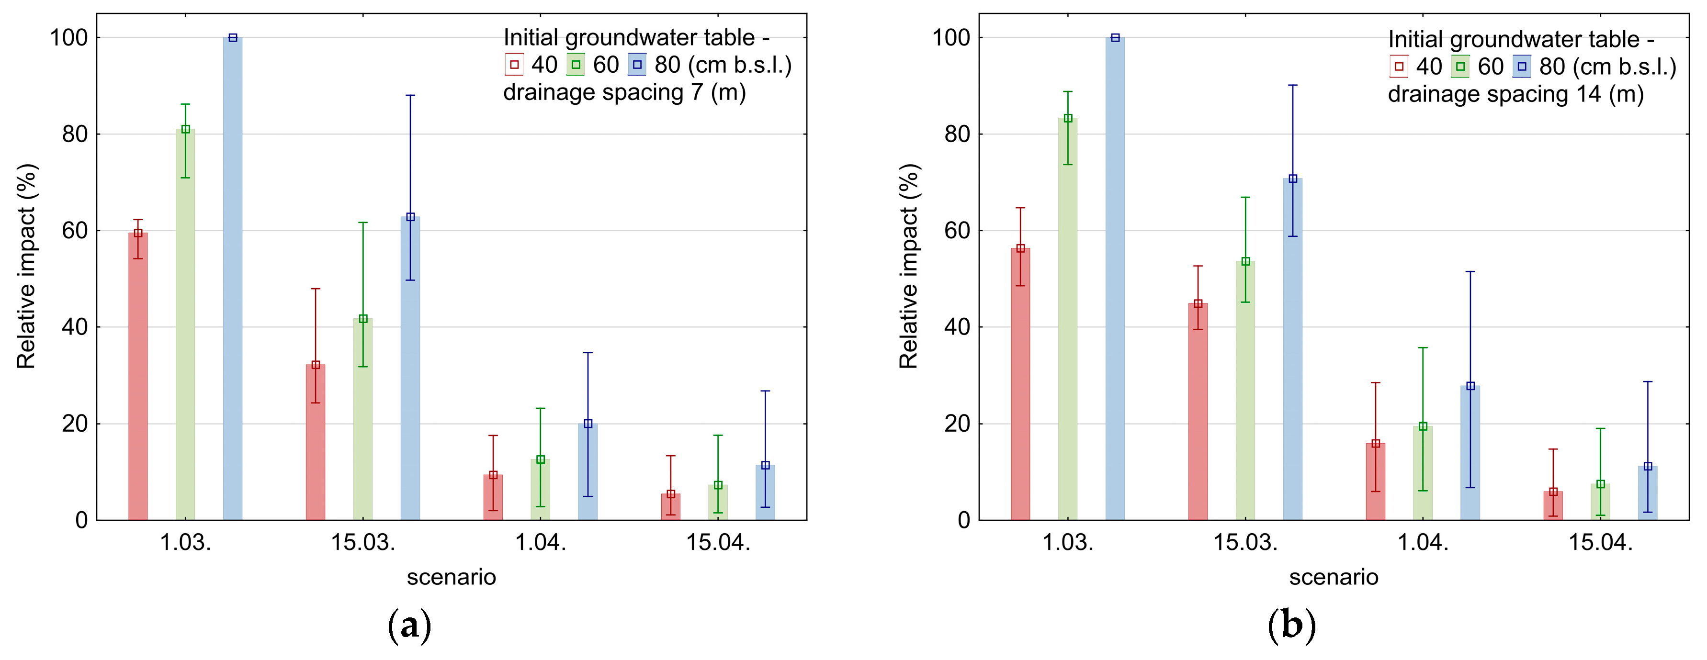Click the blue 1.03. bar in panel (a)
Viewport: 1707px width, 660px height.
233,279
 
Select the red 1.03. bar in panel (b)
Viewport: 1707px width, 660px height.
1020,384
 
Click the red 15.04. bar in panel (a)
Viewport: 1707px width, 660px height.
671,506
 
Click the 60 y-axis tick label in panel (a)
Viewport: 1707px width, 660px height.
74,231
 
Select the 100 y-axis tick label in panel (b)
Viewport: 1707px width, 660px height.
951,38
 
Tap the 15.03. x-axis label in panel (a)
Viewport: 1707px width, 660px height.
363,543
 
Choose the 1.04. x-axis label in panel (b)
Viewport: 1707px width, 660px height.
1423,543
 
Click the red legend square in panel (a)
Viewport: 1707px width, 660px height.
514,65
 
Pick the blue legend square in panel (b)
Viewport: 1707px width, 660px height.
1522,66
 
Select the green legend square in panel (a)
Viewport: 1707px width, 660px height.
576,65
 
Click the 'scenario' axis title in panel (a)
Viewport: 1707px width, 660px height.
451,577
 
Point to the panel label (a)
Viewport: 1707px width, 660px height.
409,626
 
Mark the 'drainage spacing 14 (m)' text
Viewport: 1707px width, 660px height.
1516,94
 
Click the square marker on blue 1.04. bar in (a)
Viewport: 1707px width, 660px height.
588,424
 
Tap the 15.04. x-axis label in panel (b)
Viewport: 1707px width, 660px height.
1600,543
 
